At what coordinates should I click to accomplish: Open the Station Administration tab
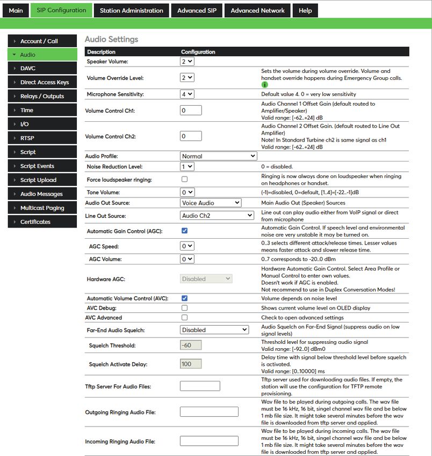point(131,10)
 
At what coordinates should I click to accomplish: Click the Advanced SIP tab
point(197,10)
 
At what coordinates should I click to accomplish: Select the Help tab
point(305,10)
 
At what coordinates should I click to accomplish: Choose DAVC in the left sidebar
point(28,69)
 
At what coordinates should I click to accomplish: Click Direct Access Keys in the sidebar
point(44,83)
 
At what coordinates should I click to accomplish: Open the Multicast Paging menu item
point(42,208)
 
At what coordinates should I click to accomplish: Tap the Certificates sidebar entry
point(35,222)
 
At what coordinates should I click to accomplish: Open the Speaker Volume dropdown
point(187,62)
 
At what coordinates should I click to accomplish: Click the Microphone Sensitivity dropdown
point(187,94)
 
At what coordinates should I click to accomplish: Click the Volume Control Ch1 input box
point(191,111)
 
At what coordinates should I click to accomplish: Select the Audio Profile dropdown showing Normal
point(219,156)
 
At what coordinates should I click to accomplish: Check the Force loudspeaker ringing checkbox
point(184,179)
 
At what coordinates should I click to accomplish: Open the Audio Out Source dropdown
point(211,203)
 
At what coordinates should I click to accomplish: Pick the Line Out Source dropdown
point(217,216)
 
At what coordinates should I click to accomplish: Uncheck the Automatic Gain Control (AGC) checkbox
point(184,231)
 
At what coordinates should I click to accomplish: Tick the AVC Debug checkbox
point(184,308)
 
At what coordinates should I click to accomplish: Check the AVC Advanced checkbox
point(184,318)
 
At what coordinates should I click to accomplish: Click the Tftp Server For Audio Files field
point(200,386)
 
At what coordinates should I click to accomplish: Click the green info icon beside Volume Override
point(264,85)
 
